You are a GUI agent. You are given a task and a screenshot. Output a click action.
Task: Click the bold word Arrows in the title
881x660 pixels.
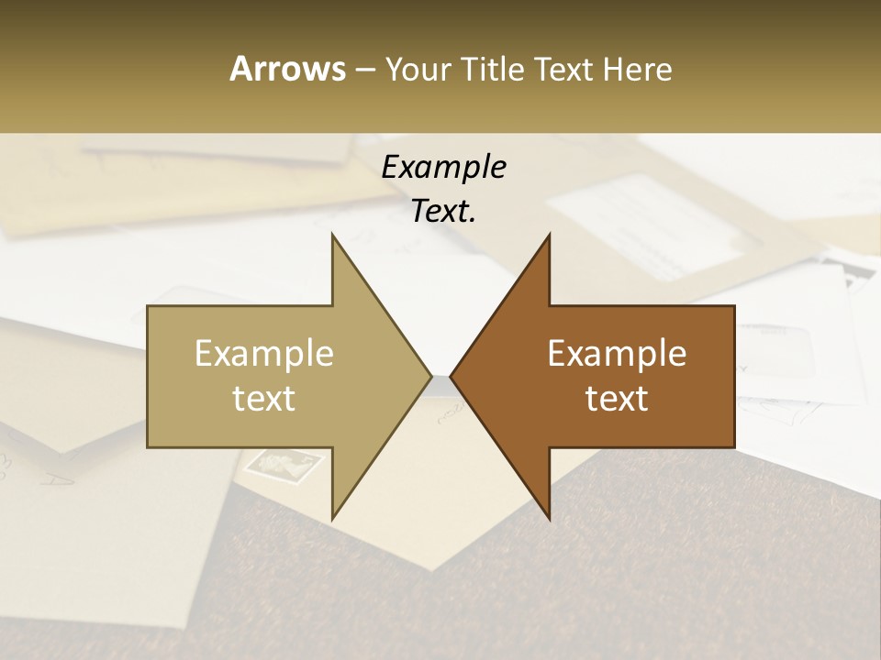[x=287, y=69]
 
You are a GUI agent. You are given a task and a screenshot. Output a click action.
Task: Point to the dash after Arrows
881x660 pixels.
[x=364, y=70]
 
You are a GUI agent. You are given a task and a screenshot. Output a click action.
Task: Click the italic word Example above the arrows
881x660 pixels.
[x=443, y=167]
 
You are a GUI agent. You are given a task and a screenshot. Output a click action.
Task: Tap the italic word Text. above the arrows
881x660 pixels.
[x=443, y=211]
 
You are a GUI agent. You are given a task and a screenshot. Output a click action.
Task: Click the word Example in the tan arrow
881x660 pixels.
[x=264, y=353]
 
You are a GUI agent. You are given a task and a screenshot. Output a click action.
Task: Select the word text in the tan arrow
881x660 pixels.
[x=264, y=398]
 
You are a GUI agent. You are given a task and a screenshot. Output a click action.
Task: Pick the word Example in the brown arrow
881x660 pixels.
[x=617, y=353]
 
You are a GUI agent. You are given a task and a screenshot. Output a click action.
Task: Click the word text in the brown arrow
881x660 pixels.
[x=617, y=398]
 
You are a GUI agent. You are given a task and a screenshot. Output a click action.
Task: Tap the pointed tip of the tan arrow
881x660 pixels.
[x=431, y=376]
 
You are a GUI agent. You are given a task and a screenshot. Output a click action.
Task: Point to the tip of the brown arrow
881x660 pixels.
[x=451, y=376]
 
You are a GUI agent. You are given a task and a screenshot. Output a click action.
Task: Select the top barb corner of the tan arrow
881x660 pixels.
[x=332, y=235]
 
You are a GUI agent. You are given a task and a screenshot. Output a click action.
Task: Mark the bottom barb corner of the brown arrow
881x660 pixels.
[x=549, y=518]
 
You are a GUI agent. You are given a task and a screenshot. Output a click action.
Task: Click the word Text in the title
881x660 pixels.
[x=565, y=69]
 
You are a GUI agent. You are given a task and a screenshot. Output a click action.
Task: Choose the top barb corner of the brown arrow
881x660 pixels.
[x=549, y=235]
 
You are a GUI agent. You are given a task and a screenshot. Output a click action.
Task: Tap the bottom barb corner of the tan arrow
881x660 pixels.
[x=332, y=518]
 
